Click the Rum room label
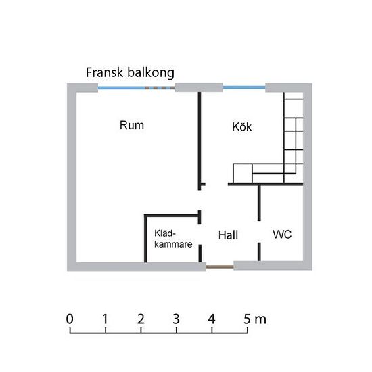(132, 125)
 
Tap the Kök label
(241, 126)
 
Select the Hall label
(228, 235)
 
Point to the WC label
(282, 235)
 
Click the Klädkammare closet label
(173, 239)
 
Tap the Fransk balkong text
(130, 72)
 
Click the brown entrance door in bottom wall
(220, 267)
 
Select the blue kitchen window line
(244, 87)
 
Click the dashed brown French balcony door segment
(160, 88)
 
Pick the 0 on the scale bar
(70, 319)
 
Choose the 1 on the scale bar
(105, 319)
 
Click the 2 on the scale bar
(141, 319)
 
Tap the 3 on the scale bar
(176, 319)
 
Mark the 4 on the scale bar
(212, 319)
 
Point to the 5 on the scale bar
(247, 319)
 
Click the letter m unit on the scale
(260, 320)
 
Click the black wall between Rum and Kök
(200, 141)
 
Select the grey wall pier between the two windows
(199, 87)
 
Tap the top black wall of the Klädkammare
(172, 216)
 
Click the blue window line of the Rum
(122, 88)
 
